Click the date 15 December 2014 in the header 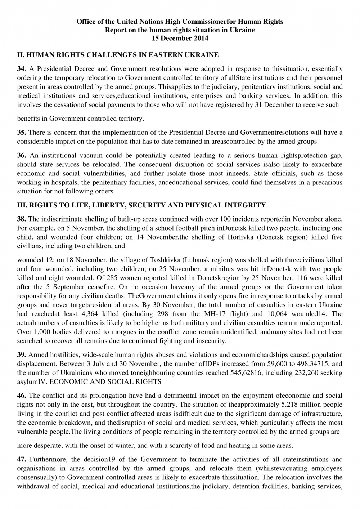pyautogui.click(x=180, y=38)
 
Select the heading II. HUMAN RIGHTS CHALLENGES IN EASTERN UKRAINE pyautogui.click(x=118, y=55)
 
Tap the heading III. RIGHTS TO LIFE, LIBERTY pyautogui.click(x=141, y=205)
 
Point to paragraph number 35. pyautogui.click(x=22, y=133)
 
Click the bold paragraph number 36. pyautogui.click(x=22, y=156)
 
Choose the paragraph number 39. pyautogui.click(x=22, y=355)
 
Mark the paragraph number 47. pyautogui.click(x=22, y=459)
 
